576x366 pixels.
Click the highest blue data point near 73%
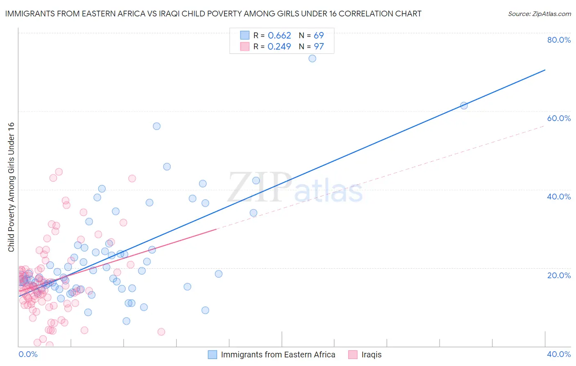(312, 59)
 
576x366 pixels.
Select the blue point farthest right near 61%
(464, 105)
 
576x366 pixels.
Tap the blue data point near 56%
(156, 126)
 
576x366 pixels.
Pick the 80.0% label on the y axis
(559, 40)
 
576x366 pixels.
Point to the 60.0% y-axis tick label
(559, 118)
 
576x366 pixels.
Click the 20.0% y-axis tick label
(559, 275)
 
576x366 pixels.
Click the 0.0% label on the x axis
(28, 354)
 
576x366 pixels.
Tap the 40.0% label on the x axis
(559, 354)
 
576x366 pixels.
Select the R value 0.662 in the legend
(279, 36)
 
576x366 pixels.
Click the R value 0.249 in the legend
(279, 47)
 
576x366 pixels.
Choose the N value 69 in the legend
(319, 36)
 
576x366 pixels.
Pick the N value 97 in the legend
(319, 47)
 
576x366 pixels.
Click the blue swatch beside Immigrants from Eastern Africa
(212, 355)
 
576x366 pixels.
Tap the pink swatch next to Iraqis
(353, 355)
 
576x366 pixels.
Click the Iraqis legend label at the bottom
(371, 355)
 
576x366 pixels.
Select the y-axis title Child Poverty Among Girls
(11, 187)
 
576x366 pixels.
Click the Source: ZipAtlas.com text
(539, 14)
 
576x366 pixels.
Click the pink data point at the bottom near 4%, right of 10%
(161, 332)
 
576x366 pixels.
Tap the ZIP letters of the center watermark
(259, 188)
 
